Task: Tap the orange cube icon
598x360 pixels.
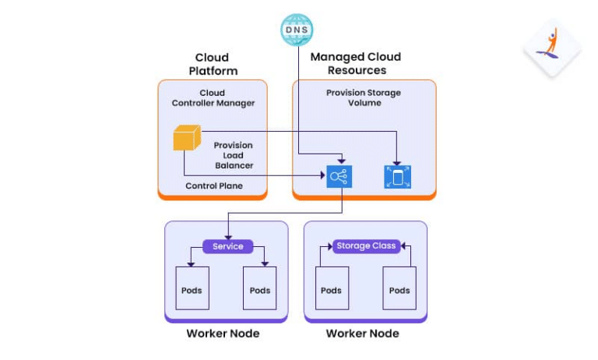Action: (186, 139)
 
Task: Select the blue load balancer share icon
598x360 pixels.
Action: (339, 176)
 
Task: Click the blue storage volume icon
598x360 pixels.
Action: (397, 177)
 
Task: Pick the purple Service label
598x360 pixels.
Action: (227, 246)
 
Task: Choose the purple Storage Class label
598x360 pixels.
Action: (366, 246)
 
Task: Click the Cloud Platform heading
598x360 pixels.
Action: (212, 64)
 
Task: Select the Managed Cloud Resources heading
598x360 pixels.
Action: (356, 64)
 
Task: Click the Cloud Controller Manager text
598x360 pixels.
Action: (213, 98)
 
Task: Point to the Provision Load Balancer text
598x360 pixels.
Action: (234, 155)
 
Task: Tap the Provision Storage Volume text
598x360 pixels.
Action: (364, 98)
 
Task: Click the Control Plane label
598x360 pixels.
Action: (214, 186)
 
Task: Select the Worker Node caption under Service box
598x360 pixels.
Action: (223, 334)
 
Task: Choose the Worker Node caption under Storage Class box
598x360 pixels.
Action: (362, 334)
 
